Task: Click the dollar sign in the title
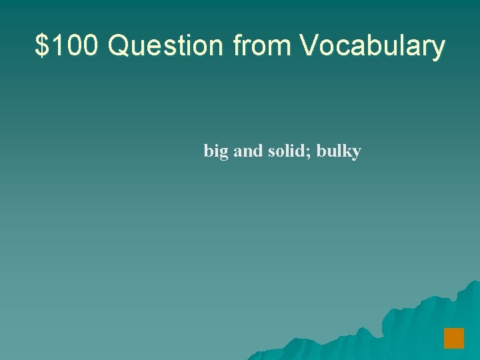pos(42,46)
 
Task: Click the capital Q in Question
pos(119,46)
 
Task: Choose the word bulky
pos(339,152)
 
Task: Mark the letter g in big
pos(224,154)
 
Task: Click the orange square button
pos(454,338)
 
